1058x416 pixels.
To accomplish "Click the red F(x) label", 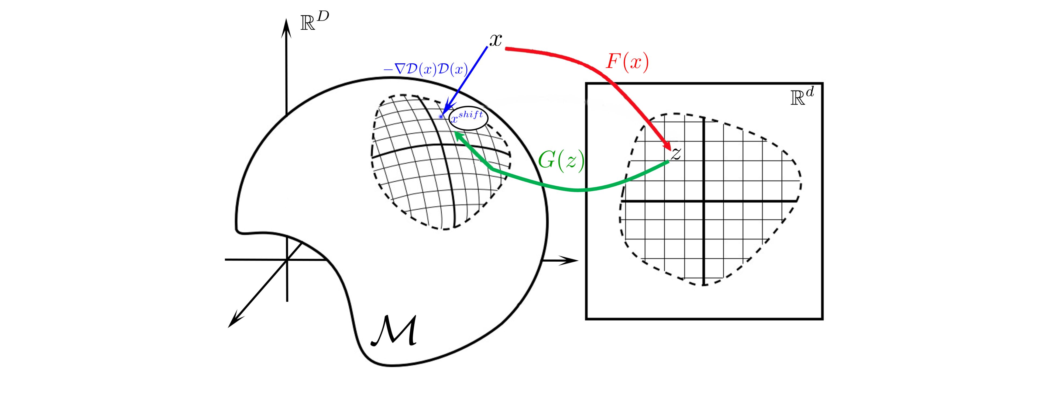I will pyautogui.click(x=627, y=62).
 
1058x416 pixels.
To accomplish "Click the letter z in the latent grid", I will pyautogui.click(x=676, y=153).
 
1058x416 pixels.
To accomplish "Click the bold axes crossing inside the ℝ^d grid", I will pyautogui.click(x=704, y=201).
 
